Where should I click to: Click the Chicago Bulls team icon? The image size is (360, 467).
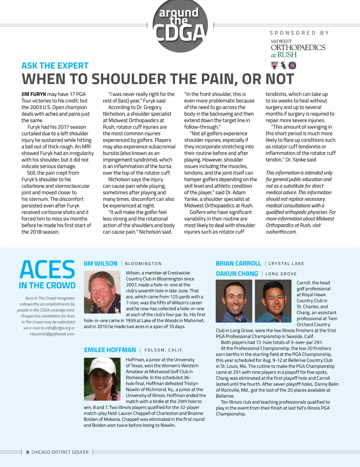click(x=274, y=65)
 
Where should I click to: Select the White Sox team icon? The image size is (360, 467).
click(x=283, y=65)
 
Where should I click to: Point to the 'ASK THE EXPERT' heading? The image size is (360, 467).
click(x=55, y=66)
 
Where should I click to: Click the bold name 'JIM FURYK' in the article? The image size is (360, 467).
click(x=34, y=94)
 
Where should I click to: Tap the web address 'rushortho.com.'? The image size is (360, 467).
click(x=281, y=232)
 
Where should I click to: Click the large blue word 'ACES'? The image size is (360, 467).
click(x=47, y=270)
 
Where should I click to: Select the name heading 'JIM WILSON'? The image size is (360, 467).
click(x=101, y=263)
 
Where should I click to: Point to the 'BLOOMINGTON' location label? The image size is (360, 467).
click(x=143, y=264)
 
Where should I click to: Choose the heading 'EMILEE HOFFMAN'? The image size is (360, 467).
click(x=110, y=350)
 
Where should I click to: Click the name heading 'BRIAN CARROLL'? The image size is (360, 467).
click(x=238, y=263)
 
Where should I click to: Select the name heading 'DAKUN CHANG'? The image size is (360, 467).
click(x=237, y=274)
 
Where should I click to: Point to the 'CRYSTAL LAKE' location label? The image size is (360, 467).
click(x=286, y=264)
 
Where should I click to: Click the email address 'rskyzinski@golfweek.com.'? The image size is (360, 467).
click(x=52, y=334)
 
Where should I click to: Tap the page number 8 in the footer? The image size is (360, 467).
click(x=28, y=452)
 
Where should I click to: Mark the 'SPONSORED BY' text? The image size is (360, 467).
click(x=299, y=33)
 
